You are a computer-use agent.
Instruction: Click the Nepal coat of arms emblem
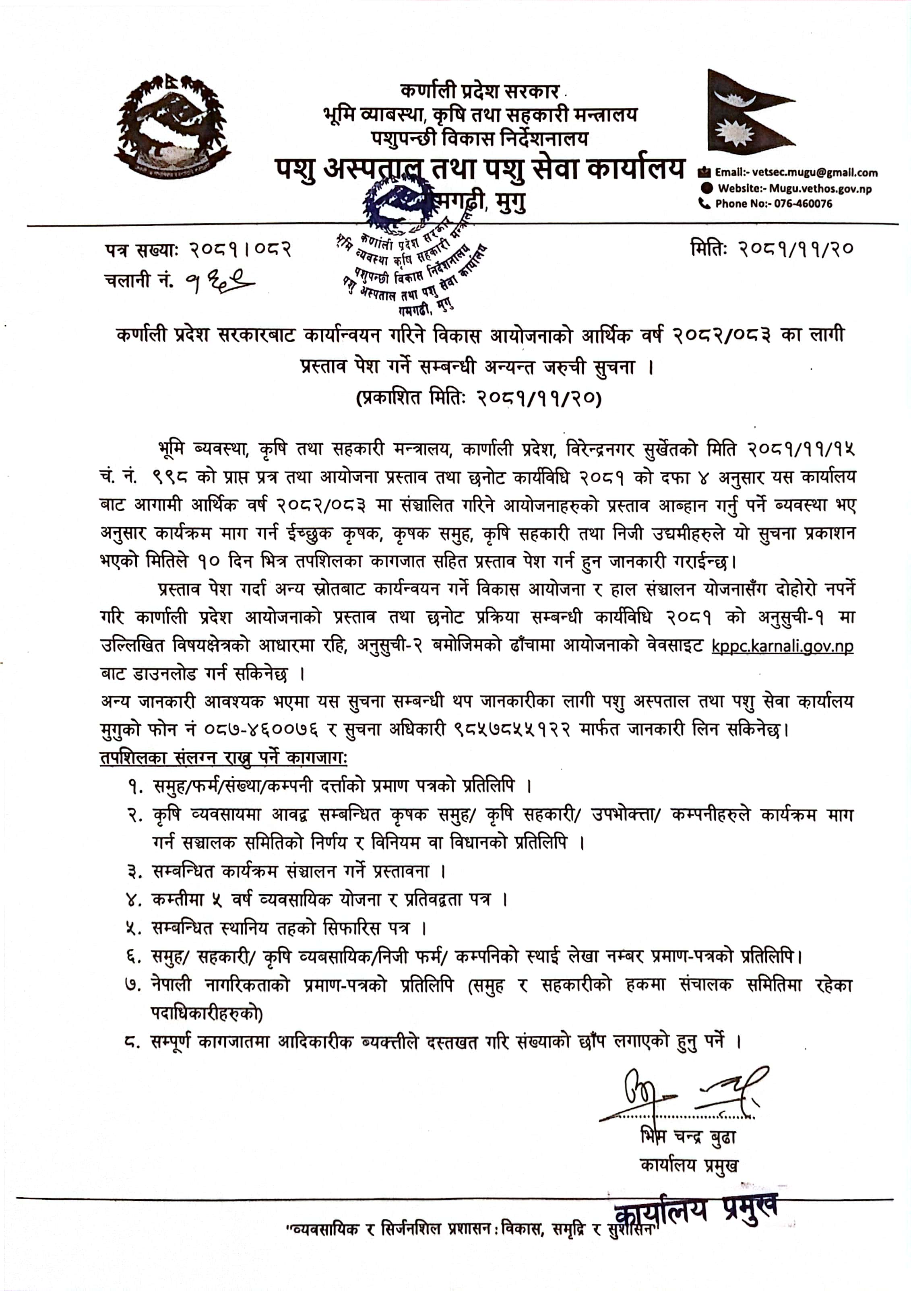[x=171, y=126]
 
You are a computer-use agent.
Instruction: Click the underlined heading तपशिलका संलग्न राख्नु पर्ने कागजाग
[x=224, y=758]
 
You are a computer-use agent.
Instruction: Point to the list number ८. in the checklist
[x=133, y=1042]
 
